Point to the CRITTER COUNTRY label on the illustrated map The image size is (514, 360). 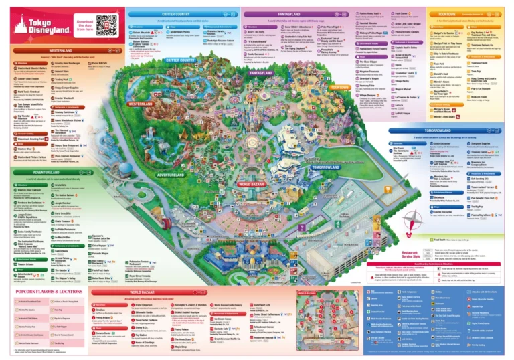point(180,60)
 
